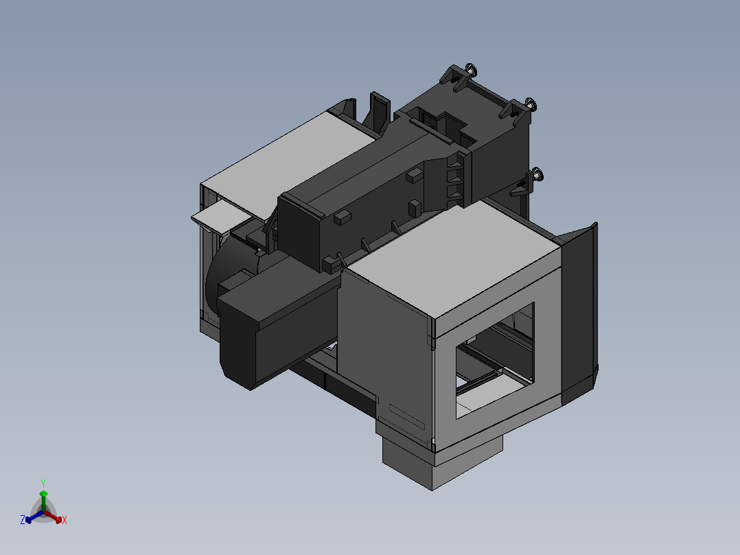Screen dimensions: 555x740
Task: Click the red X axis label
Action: pyautogui.click(x=65, y=520)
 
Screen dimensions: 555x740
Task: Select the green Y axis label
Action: pyautogui.click(x=43, y=483)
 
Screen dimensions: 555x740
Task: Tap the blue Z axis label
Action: pyautogui.click(x=23, y=520)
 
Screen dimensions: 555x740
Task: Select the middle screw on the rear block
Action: pyautogui.click(x=530, y=104)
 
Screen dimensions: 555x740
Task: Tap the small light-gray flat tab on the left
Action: pyautogui.click(x=218, y=216)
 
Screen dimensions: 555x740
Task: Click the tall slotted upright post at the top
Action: pyautogui.click(x=379, y=110)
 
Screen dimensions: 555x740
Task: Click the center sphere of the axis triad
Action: pyautogui.click(x=43, y=512)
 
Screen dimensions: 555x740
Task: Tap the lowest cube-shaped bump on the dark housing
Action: pyautogui.click(x=332, y=262)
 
